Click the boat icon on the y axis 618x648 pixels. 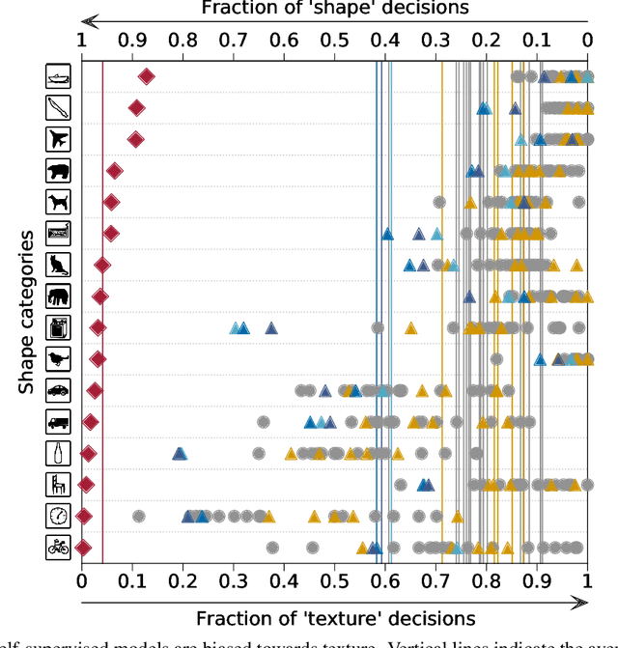pyautogui.click(x=59, y=76)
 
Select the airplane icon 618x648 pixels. pyautogui.click(x=59, y=139)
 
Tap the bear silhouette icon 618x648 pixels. pyautogui.click(x=59, y=171)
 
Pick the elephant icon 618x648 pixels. pyautogui.click(x=59, y=296)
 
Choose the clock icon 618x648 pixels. pyautogui.click(x=59, y=516)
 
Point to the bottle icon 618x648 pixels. pyautogui.click(x=59, y=453)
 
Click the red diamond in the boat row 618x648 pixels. pyautogui.click(x=147, y=76)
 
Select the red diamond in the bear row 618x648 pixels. pyautogui.click(x=114, y=171)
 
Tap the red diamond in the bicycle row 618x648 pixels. pyautogui.click(x=83, y=548)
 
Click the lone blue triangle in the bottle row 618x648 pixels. pyautogui.click(x=180, y=453)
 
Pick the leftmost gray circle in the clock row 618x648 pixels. pyautogui.click(x=138, y=516)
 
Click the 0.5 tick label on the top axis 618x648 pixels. pyautogui.click(x=334, y=41)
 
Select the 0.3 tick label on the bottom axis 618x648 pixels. pyautogui.click(x=233, y=581)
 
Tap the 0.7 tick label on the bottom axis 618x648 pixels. pyautogui.click(x=435, y=581)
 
